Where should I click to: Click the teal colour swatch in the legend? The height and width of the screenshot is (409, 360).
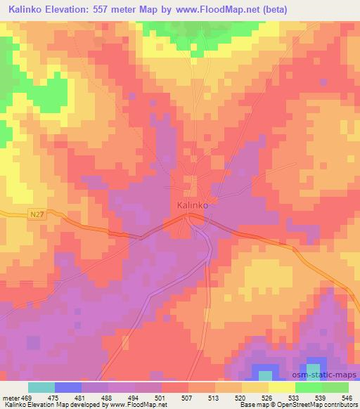pos(41,388)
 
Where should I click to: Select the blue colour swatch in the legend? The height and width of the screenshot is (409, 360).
pos(68,388)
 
